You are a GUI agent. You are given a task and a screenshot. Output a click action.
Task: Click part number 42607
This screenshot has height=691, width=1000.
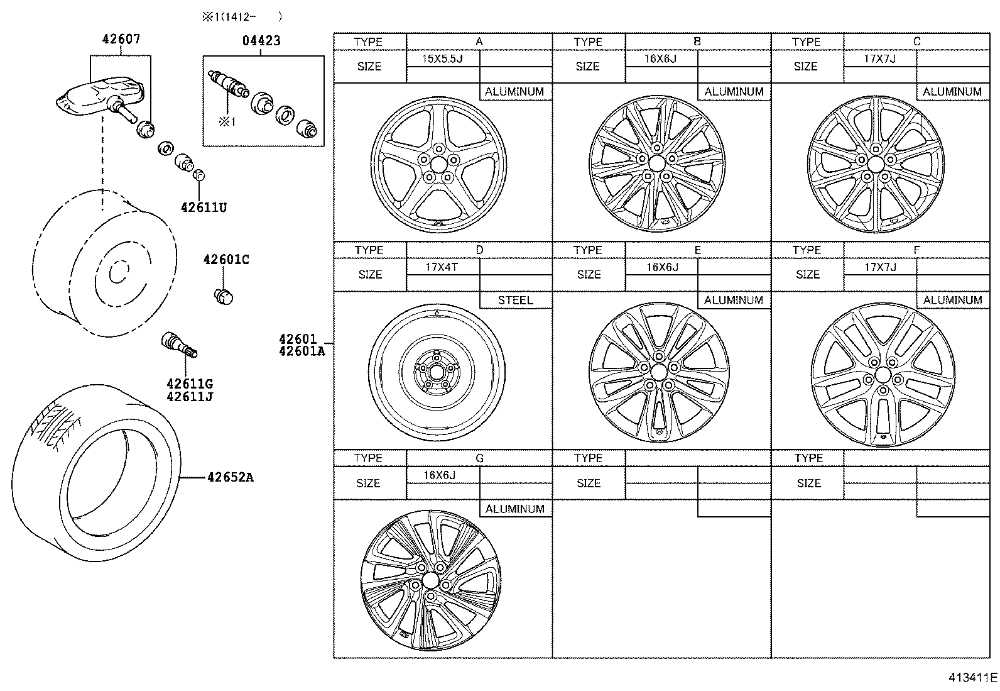click(x=121, y=39)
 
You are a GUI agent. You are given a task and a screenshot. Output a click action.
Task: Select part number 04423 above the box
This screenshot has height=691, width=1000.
click(x=261, y=41)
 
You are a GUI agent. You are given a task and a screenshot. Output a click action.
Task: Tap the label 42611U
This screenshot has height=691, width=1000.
click(x=204, y=207)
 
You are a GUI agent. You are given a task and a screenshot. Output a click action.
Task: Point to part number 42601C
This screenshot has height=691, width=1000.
click(x=226, y=260)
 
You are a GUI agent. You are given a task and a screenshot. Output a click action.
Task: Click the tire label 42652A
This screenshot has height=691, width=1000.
click(x=231, y=477)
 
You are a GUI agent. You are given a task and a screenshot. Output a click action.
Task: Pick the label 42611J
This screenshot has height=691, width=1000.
click(x=190, y=397)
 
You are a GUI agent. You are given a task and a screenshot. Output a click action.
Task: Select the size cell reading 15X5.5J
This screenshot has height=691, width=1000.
click(x=442, y=59)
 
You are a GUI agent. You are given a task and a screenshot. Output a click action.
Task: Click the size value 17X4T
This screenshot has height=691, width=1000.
click(x=441, y=267)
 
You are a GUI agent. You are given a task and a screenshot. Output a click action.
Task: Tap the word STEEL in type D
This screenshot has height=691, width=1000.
click(x=515, y=301)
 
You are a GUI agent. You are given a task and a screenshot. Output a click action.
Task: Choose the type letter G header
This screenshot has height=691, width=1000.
click(x=479, y=458)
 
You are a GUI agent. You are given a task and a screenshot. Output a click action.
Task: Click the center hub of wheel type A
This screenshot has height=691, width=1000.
click(x=438, y=164)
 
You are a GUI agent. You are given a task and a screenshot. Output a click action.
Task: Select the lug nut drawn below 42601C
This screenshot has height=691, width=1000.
click(x=224, y=296)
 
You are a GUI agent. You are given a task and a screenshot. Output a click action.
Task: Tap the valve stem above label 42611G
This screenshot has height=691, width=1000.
click(x=179, y=345)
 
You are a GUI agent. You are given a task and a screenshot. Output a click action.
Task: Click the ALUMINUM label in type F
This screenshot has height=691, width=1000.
click(x=952, y=301)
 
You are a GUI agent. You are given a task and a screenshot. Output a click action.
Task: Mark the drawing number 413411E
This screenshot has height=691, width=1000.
click(x=972, y=678)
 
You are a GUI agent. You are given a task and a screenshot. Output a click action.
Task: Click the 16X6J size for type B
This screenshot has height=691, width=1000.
click(x=661, y=59)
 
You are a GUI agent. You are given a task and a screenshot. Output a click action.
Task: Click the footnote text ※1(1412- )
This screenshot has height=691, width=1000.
click(x=241, y=17)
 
